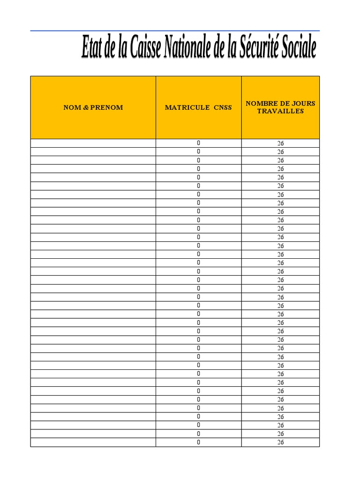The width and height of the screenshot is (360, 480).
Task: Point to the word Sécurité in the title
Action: pos(261,48)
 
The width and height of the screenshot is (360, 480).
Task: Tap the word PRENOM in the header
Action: pos(104,107)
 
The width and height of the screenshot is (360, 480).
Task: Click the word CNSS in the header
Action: pos(223,107)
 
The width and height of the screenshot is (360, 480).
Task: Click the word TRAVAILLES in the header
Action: pos(280,111)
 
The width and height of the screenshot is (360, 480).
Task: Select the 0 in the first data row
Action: pos(199,142)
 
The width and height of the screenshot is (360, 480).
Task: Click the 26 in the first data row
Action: pos(280,143)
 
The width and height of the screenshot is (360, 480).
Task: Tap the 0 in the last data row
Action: pos(199,442)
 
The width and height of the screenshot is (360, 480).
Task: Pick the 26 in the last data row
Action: pos(280,442)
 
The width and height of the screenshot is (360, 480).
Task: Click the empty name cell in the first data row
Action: pos(93,143)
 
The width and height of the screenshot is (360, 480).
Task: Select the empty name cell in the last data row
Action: pos(93,442)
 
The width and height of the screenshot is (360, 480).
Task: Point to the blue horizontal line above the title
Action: pos(175,31)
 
